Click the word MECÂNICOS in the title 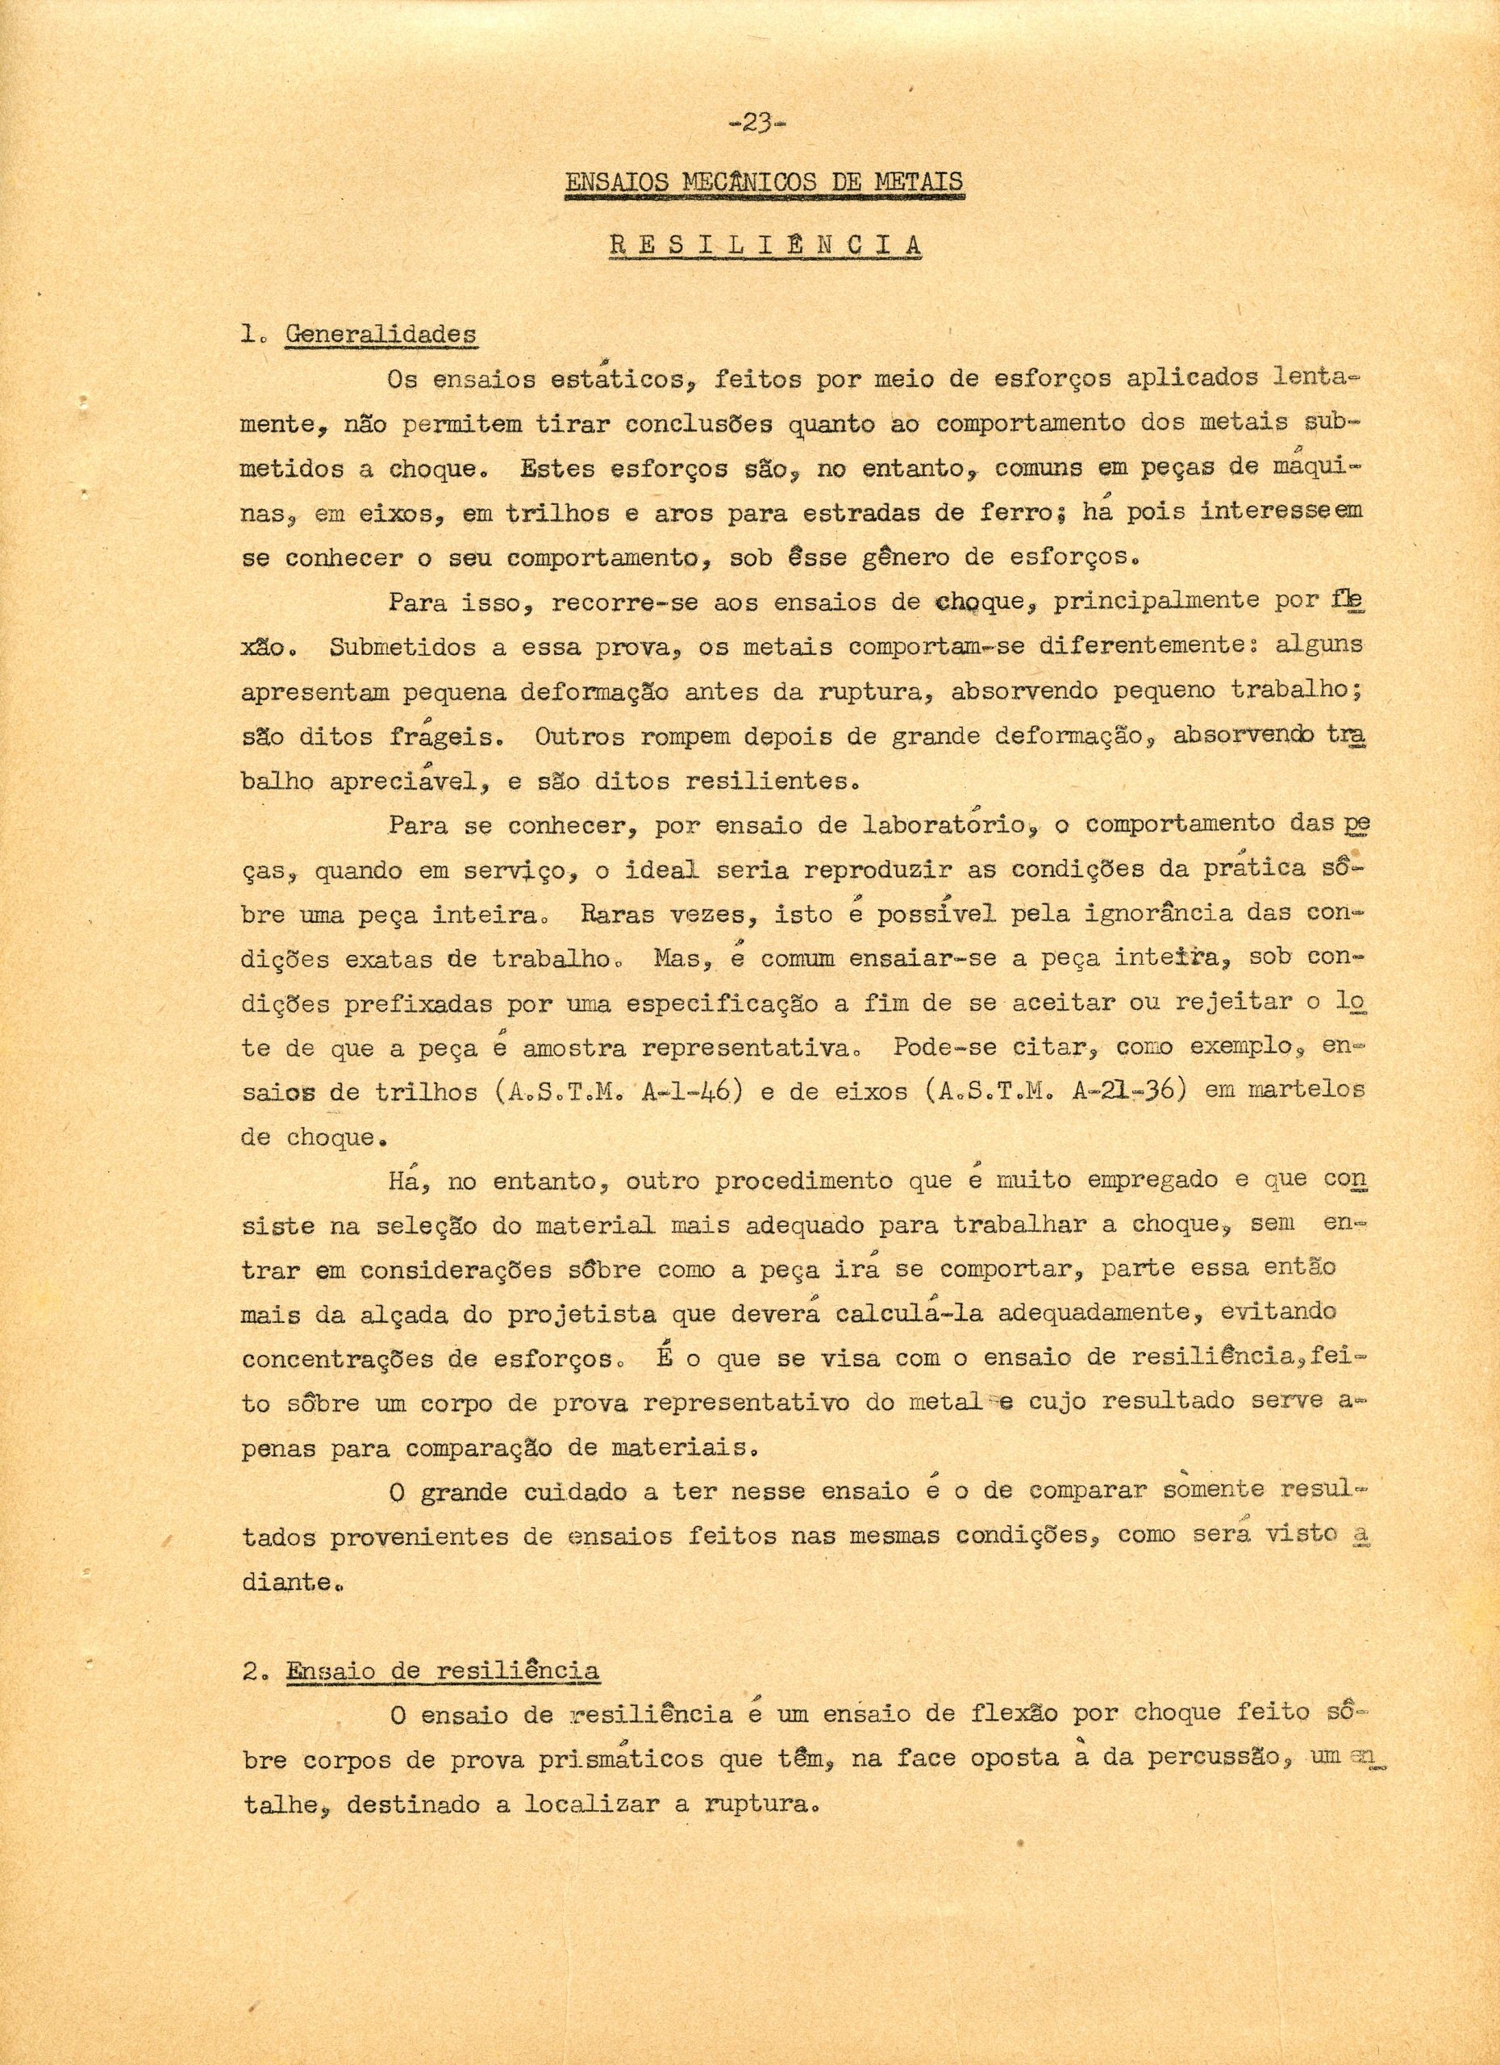(x=735, y=183)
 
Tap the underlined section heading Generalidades (x=381, y=335)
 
